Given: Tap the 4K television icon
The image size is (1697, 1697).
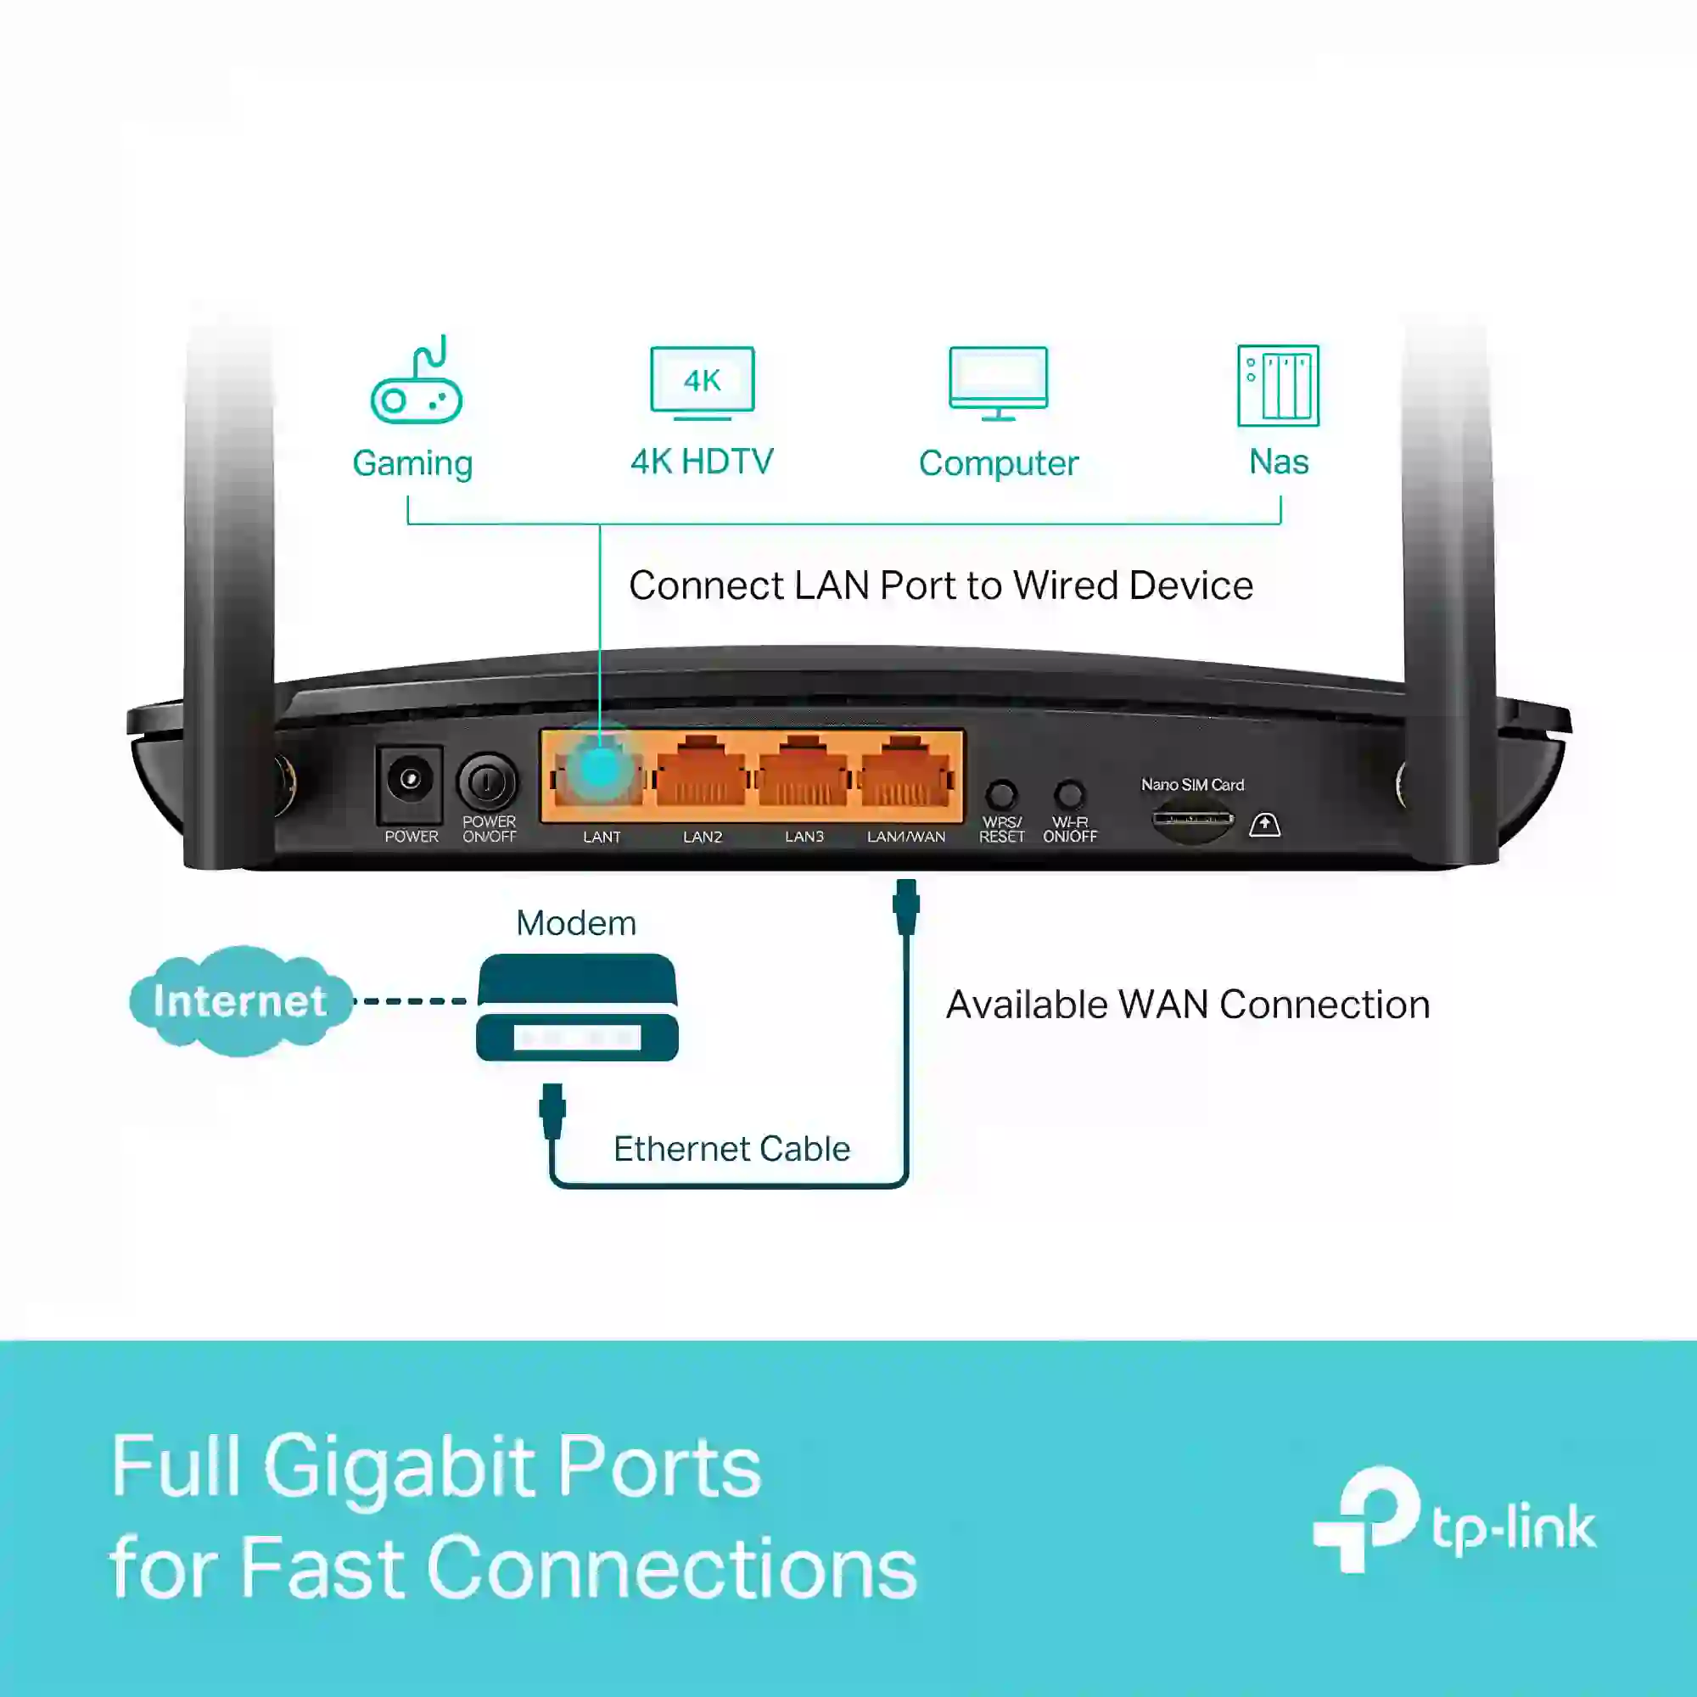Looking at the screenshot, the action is click(x=702, y=384).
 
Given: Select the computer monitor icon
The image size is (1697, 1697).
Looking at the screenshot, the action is click(x=999, y=384).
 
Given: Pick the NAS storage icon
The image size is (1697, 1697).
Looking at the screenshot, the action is click(x=1278, y=385).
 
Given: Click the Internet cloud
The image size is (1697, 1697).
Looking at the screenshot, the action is click(x=241, y=1000).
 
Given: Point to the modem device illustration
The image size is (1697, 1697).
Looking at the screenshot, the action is click(x=577, y=1007).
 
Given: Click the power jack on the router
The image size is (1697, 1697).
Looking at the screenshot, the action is click(x=409, y=780).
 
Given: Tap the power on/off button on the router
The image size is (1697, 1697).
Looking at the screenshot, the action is click(x=488, y=781).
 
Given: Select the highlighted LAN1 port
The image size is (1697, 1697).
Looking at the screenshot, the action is click(x=599, y=771).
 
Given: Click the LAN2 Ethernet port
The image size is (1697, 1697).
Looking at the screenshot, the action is click(x=701, y=771).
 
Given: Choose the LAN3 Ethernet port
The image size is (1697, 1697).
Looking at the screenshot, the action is click(x=803, y=771).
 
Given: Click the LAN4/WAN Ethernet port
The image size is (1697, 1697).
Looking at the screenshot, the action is click(x=905, y=771).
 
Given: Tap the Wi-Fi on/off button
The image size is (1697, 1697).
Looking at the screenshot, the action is click(x=1069, y=795).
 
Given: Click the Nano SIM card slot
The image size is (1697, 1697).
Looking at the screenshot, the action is click(x=1192, y=820).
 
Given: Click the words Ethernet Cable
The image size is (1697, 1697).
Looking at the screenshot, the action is click(x=731, y=1149).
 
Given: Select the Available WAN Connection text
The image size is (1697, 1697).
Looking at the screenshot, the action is click(x=1188, y=1005).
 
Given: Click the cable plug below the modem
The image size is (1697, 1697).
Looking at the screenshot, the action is click(x=552, y=1112).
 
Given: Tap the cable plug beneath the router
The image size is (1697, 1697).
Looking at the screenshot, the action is click(x=906, y=907).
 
